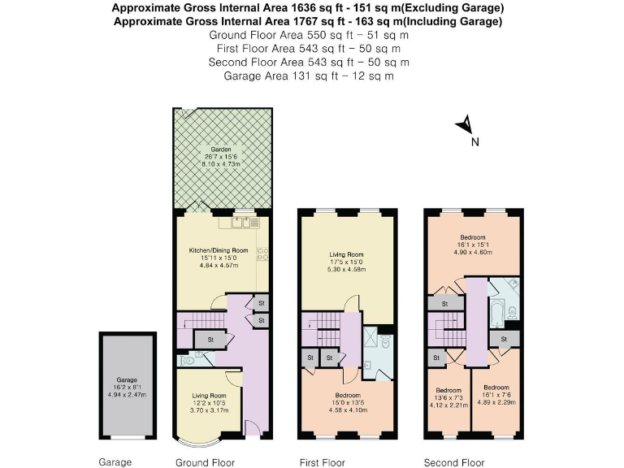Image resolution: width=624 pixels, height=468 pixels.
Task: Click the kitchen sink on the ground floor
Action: pyautogui.click(x=243, y=221)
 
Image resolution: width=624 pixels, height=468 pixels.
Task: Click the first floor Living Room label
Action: pyautogui.click(x=346, y=262)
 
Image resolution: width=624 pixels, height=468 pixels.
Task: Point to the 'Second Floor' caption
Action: pyautogui.click(x=453, y=462)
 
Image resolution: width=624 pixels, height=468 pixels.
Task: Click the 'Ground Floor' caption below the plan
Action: pyautogui.click(x=205, y=462)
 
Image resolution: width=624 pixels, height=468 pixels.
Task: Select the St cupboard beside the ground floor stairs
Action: pyautogui.click(x=210, y=339)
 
